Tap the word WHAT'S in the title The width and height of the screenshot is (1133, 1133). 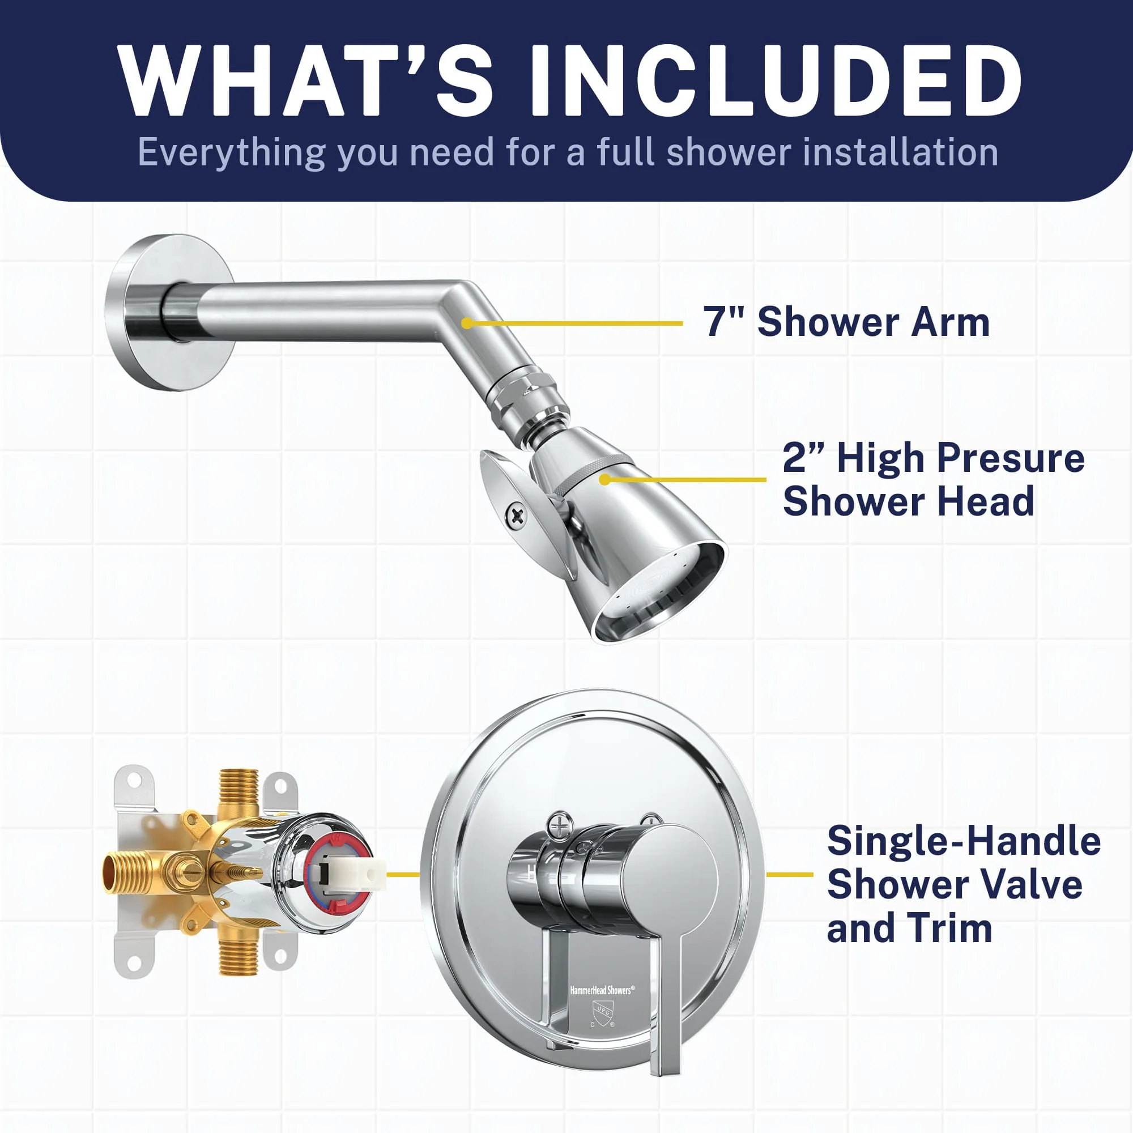coord(304,80)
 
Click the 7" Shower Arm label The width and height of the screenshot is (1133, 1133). coord(847,322)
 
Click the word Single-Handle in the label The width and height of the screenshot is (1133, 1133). coord(964,841)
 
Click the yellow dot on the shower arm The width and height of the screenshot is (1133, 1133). coord(466,323)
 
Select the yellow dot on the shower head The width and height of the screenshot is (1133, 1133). coord(604,480)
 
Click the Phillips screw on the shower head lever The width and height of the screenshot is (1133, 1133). coord(517,516)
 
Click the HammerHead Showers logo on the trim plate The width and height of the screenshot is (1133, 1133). coord(601,990)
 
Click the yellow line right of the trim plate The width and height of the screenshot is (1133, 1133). coord(789,874)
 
